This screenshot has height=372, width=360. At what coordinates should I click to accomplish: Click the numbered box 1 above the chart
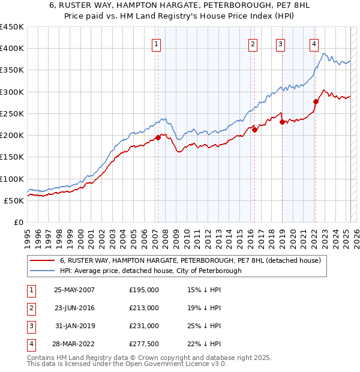(x=156, y=43)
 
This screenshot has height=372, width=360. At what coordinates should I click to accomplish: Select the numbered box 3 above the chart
(x=280, y=43)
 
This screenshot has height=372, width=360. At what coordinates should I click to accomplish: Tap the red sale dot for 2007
(x=158, y=137)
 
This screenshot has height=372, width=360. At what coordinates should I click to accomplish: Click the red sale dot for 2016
(x=254, y=130)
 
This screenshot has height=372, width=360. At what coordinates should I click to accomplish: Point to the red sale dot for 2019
(x=282, y=122)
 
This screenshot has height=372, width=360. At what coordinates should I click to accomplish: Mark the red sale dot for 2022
(x=316, y=101)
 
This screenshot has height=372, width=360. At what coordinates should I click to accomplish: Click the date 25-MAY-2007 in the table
(x=74, y=290)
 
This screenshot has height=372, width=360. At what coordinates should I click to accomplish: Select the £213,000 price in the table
(x=144, y=308)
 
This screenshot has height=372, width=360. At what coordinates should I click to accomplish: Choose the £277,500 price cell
(x=144, y=344)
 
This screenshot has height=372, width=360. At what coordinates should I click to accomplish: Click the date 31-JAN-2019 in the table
(x=74, y=326)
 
